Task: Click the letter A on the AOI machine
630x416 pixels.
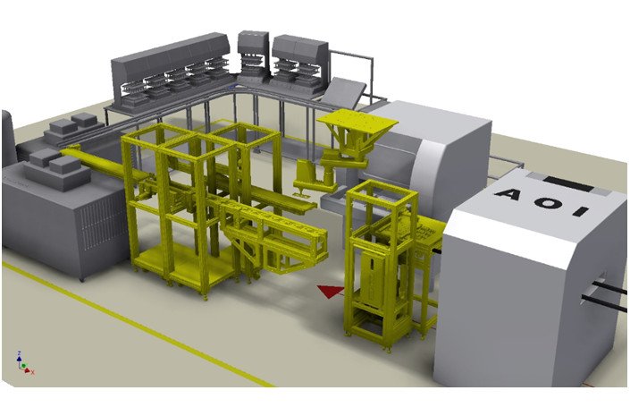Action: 508,194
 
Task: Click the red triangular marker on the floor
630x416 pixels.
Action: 331,291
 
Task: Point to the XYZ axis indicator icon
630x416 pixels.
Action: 24,364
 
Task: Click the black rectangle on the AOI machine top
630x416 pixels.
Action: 569,184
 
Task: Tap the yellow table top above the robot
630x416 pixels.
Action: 357,121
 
